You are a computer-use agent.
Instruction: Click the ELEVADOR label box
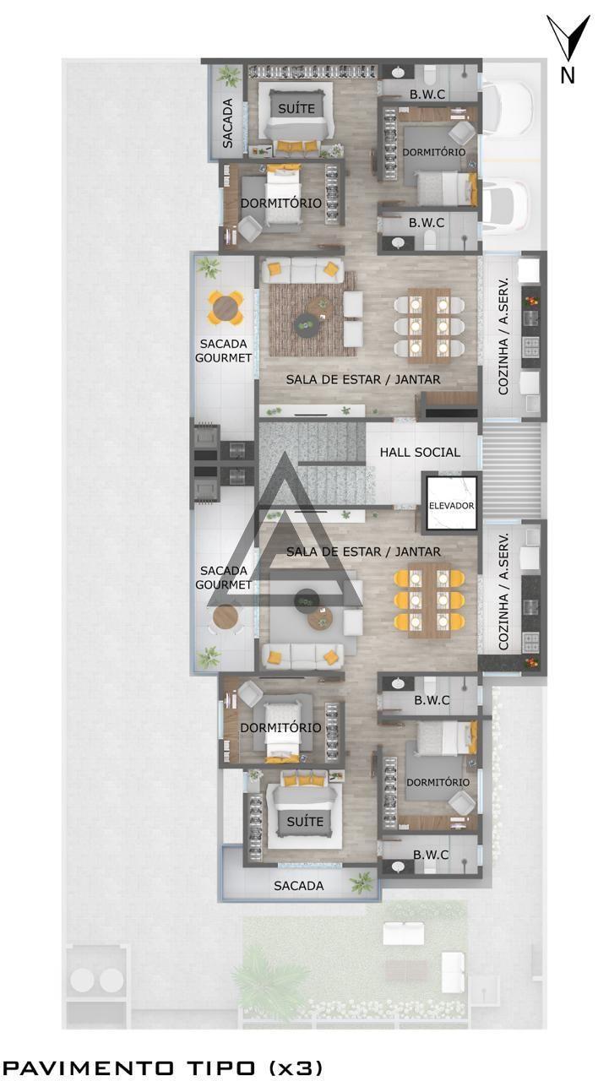[x=451, y=505]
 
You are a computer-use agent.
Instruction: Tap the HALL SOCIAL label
[x=420, y=452]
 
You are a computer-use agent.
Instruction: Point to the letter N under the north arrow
[x=568, y=75]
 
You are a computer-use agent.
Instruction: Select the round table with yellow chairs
[x=226, y=307]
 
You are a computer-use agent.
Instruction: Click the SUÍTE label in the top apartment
[x=296, y=108]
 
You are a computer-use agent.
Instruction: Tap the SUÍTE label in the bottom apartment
[x=305, y=821]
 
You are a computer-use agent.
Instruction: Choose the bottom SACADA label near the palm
[x=299, y=886]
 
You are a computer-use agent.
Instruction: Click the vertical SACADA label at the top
[x=228, y=123]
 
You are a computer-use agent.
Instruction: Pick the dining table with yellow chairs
[x=429, y=600]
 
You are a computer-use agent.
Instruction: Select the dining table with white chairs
[x=429, y=325]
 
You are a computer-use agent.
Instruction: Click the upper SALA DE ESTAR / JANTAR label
[x=363, y=380]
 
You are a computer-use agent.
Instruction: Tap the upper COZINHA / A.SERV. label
[x=503, y=336]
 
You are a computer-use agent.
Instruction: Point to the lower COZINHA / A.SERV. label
[x=503, y=591]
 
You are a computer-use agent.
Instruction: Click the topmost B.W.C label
[x=427, y=95]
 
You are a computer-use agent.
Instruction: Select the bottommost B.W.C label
[x=431, y=855]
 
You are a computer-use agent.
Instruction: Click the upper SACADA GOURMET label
[x=224, y=350]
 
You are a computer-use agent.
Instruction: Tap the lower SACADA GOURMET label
[x=224, y=577]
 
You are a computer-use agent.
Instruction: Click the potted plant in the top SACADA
[x=228, y=76]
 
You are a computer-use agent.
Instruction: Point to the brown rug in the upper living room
[x=313, y=319]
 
